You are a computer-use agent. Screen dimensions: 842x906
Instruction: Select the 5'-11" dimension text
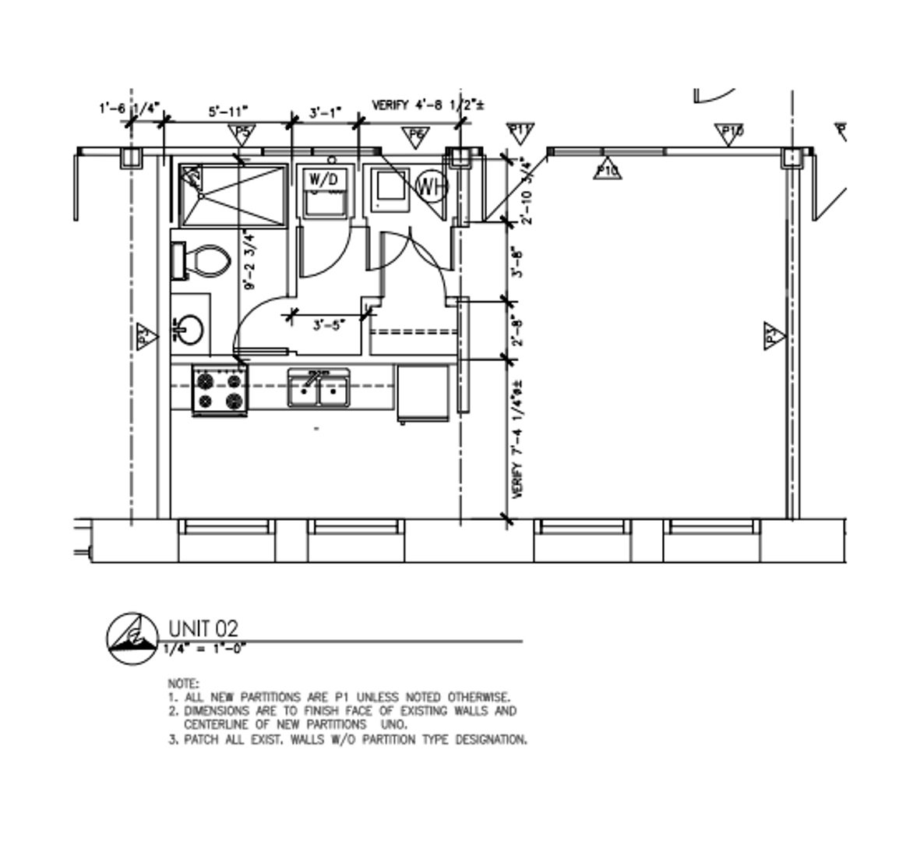(x=228, y=112)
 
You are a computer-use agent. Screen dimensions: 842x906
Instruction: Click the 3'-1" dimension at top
(x=326, y=112)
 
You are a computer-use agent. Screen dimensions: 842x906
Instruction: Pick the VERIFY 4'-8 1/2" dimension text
(x=428, y=104)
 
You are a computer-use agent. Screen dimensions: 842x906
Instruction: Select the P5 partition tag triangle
(x=242, y=133)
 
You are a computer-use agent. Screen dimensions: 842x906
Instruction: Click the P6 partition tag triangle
(x=417, y=136)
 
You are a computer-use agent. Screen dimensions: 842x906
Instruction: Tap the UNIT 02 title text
(x=203, y=628)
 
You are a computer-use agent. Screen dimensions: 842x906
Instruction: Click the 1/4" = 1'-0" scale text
(x=205, y=648)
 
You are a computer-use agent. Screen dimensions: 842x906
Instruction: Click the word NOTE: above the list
(x=183, y=683)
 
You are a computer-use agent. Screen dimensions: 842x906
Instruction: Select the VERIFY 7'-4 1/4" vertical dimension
(x=516, y=440)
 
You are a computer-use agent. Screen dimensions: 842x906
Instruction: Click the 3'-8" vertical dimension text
(x=516, y=262)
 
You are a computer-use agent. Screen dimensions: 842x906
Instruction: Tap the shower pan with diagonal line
(x=234, y=195)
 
